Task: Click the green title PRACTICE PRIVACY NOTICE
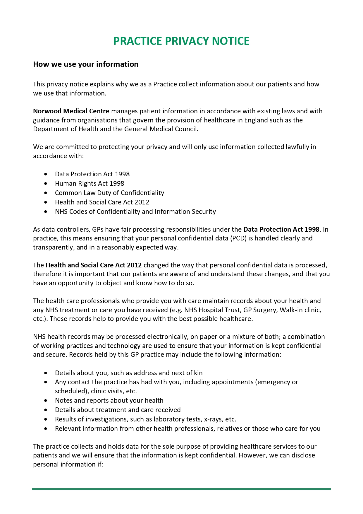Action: click(181, 41)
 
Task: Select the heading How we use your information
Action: click(86, 64)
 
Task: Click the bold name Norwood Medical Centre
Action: click(71, 111)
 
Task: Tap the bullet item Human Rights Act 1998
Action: click(90, 183)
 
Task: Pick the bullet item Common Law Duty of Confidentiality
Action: click(109, 193)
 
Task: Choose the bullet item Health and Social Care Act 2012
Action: click(102, 202)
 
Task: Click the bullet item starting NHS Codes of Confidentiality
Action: click(135, 211)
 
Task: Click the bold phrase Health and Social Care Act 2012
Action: click(94, 265)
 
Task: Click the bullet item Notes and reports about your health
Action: click(109, 400)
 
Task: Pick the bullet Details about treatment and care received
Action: click(118, 410)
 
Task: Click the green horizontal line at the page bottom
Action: click(181, 489)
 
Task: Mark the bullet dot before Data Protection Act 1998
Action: click(45, 174)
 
